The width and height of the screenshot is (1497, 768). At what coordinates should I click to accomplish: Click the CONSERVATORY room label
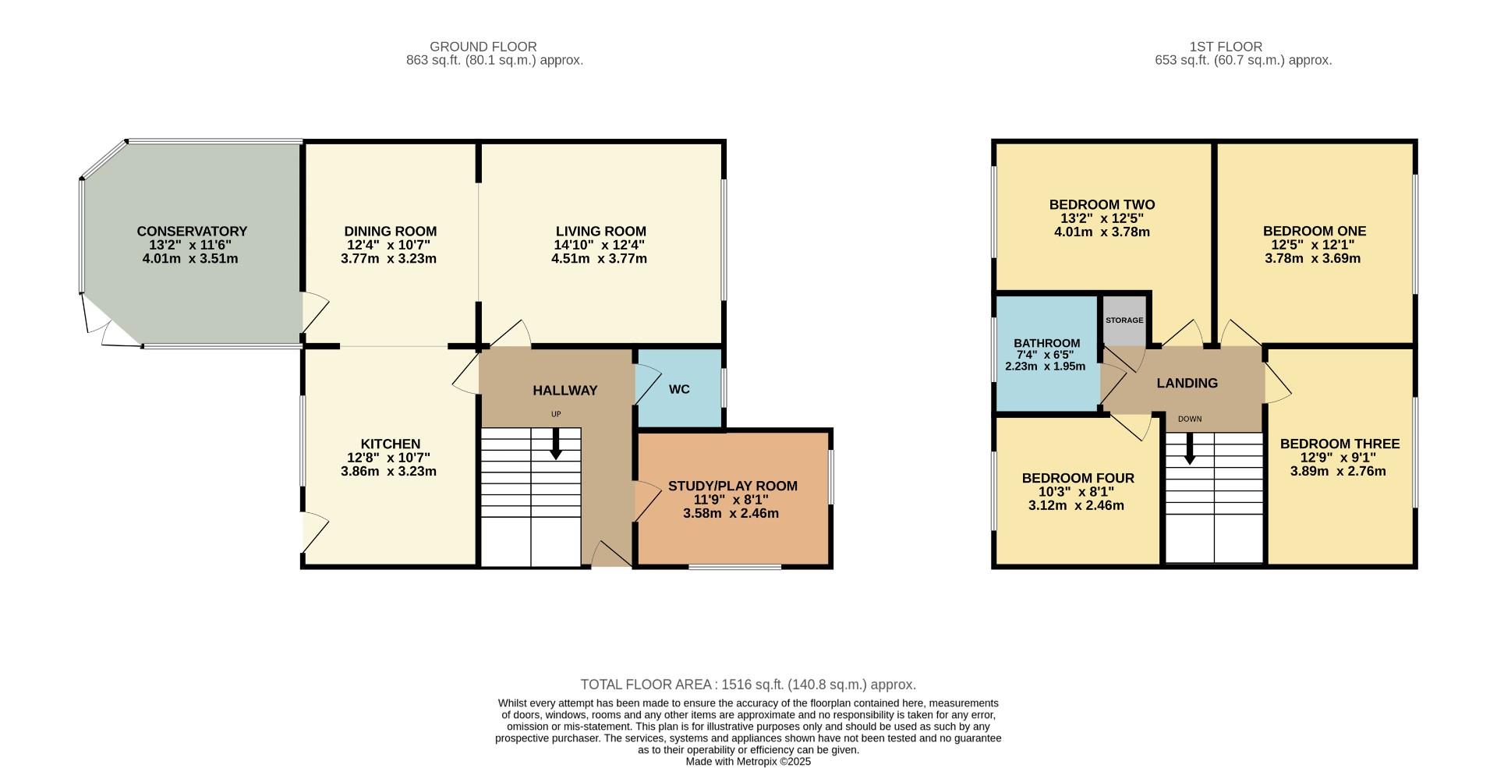[192, 232]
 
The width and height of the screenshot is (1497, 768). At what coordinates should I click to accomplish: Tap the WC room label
[679, 390]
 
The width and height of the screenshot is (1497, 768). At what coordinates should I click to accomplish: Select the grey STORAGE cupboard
[1124, 320]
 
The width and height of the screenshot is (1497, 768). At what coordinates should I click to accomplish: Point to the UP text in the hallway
[556, 414]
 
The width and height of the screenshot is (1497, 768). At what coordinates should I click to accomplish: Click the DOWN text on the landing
[1189, 419]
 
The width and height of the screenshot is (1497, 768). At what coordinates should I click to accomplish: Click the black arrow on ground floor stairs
[556, 444]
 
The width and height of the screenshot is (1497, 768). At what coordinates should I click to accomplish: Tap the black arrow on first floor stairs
[1189, 451]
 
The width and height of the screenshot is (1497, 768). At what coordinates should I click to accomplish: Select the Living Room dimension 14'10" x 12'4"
[600, 245]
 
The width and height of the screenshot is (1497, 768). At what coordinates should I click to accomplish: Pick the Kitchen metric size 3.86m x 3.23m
[388, 471]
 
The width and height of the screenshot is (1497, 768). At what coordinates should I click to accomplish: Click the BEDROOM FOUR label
[1078, 478]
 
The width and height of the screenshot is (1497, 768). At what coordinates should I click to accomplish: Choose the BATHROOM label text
[1046, 343]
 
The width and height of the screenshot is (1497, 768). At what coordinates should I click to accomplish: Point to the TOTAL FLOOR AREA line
[748, 685]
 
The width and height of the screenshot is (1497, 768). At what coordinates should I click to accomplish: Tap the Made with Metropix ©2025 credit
[748, 762]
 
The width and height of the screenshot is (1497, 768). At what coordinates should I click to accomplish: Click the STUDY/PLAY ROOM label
[732, 487]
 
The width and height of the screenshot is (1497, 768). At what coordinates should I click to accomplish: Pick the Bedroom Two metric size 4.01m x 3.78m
[1102, 232]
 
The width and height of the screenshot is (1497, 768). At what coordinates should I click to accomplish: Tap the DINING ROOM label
[390, 232]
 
